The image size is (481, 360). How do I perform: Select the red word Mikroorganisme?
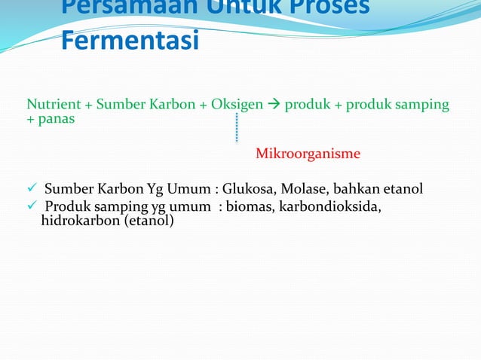[x=308, y=154]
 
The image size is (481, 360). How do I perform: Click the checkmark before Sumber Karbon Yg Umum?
[x=32, y=188]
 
